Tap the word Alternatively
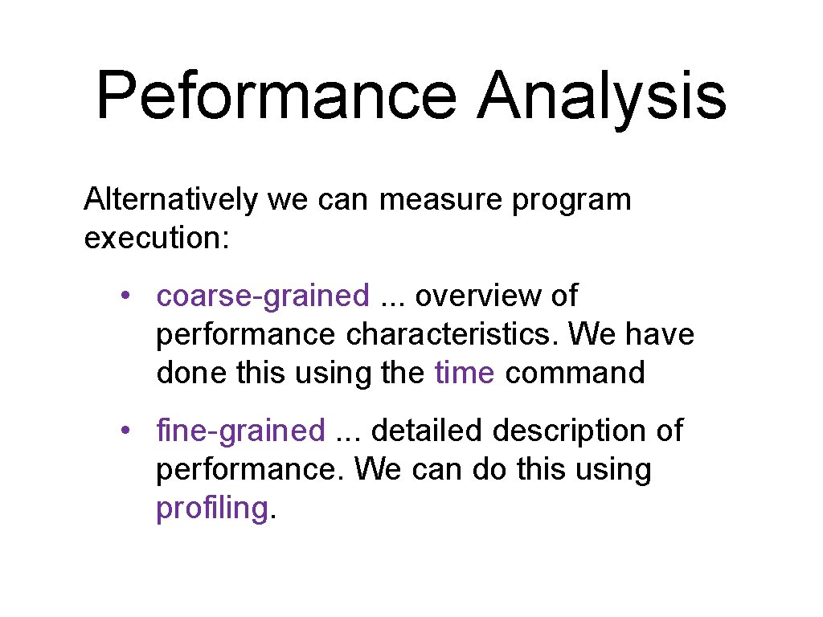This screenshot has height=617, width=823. [x=171, y=199]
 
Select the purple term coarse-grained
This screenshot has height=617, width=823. [x=263, y=296]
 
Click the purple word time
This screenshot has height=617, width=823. [x=464, y=373]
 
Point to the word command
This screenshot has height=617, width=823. [x=575, y=373]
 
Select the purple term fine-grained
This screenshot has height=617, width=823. [x=240, y=431]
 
